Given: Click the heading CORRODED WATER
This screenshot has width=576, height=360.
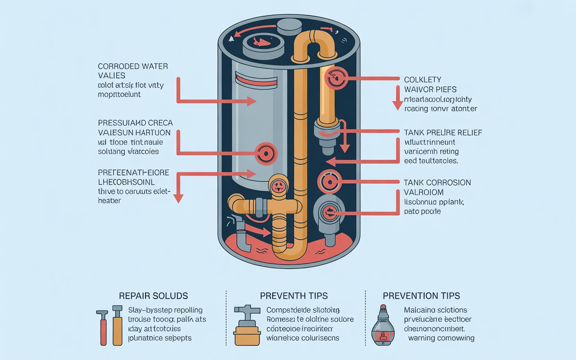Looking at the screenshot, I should [x=133, y=66].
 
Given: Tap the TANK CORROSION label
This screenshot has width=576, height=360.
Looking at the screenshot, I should [x=437, y=182].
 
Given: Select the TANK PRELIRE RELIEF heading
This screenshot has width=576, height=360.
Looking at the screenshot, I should [x=443, y=132].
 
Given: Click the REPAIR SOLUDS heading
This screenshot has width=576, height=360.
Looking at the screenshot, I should [x=153, y=296].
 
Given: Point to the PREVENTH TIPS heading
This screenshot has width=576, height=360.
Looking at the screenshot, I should [x=293, y=296].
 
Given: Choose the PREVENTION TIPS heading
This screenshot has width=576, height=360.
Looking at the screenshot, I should [x=421, y=296].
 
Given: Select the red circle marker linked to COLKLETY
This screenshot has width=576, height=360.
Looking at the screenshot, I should [x=335, y=77].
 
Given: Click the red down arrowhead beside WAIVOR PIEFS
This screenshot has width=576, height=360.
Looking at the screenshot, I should [x=397, y=106].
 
